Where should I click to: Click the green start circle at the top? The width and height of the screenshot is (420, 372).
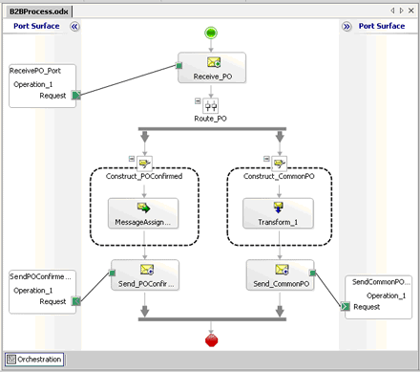point(211,34)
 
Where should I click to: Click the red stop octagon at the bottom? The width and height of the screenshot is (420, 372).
point(211,339)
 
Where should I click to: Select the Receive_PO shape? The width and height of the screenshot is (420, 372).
point(212,69)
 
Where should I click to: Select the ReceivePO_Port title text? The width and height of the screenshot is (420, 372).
point(34,71)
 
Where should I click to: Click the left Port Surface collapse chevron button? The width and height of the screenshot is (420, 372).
point(75,27)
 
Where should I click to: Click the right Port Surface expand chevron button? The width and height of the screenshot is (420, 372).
point(346,27)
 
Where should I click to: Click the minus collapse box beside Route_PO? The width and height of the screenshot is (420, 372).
point(198,100)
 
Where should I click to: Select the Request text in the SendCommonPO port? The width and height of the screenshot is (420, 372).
point(367,307)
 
